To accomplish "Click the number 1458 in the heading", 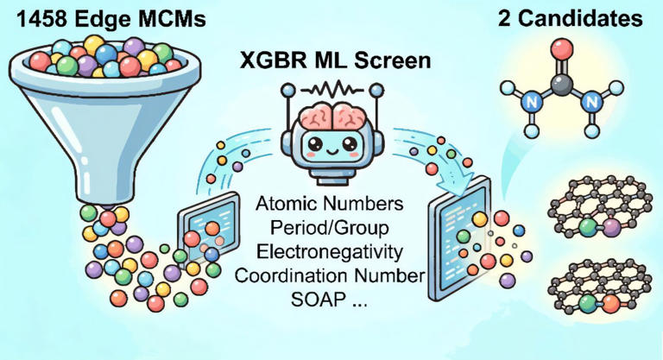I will (33, 16).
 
